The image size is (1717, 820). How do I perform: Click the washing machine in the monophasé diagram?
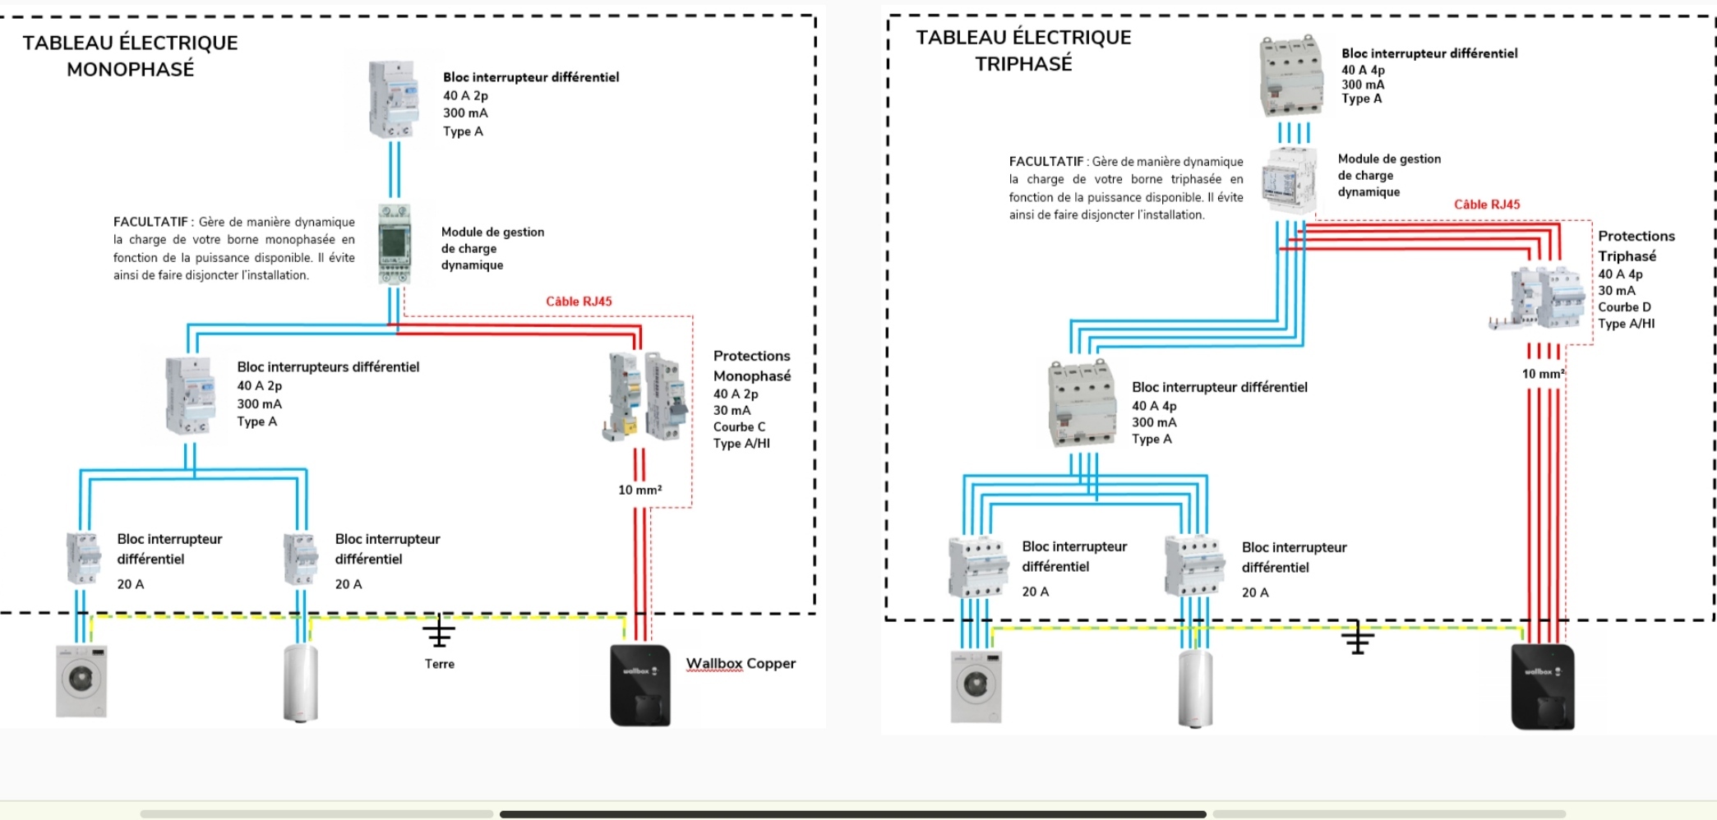(81, 681)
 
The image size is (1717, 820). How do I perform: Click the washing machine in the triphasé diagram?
(976, 687)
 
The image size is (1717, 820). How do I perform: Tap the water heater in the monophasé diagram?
(300, 684)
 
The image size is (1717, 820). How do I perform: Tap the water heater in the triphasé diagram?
(1195, 689)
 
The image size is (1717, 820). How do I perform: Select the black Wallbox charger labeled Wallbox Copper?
(640, 685)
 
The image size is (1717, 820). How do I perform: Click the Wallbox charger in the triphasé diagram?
(1543, 687)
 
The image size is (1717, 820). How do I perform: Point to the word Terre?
(440, 664)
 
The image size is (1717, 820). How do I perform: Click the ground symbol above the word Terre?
(439, 632)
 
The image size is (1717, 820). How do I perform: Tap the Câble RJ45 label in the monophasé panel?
(579, 302)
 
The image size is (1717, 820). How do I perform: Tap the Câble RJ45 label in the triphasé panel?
(1487, 205)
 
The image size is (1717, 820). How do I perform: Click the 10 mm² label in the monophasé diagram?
(639, 490)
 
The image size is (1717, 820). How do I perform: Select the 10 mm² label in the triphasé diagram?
(1543, 374)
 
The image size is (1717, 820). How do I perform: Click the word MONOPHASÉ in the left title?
(131, 70)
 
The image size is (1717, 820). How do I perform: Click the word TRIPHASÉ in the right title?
(1023, 64)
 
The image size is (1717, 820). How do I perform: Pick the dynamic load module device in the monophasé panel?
(395, 244)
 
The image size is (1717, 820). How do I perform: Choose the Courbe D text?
(1624, 307)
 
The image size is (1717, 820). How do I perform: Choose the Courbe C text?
(739, 427)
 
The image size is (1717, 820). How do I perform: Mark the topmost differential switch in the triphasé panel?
(1291, 76)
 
